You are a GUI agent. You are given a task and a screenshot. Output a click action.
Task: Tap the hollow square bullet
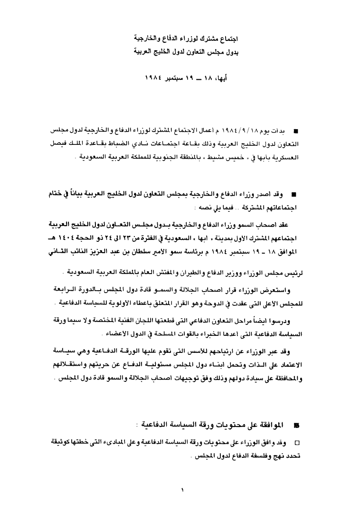coord(297,443)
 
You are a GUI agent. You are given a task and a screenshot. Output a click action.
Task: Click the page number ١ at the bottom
coord(182,489)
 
